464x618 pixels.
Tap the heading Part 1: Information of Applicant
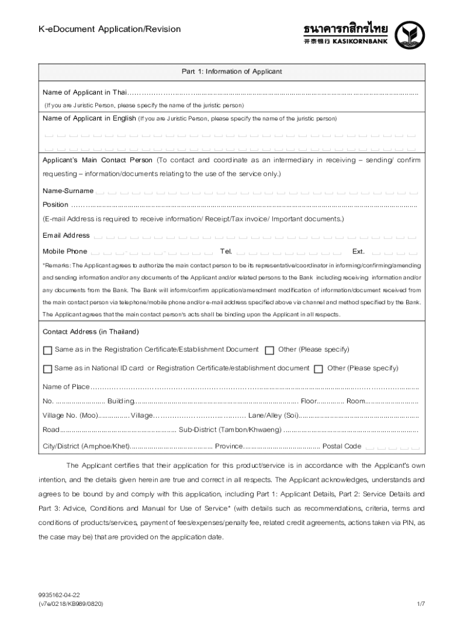[x=232, y=72]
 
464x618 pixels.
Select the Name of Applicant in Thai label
[x=84, y=92]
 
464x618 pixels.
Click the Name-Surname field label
[x=68, y=191]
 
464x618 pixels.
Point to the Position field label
[x=55, y=205]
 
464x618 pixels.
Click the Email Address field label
[x=66, y=235]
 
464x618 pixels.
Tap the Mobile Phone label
[x=65, y=251]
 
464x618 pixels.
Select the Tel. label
[x=226, y=251]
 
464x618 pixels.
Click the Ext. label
[x=359, y=251]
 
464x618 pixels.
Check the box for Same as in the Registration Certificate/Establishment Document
[x=48, y=350]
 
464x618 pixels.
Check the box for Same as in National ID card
[x=48, y=369]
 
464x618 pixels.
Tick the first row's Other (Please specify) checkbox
[x=269, y=350]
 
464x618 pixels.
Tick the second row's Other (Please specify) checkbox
[x=318, y=369]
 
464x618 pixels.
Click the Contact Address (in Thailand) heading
[x=90, y=332]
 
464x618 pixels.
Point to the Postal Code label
[x=342, y=447]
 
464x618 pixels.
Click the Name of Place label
[x=66, y=387]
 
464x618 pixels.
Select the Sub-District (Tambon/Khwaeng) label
[x=230, y=430]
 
